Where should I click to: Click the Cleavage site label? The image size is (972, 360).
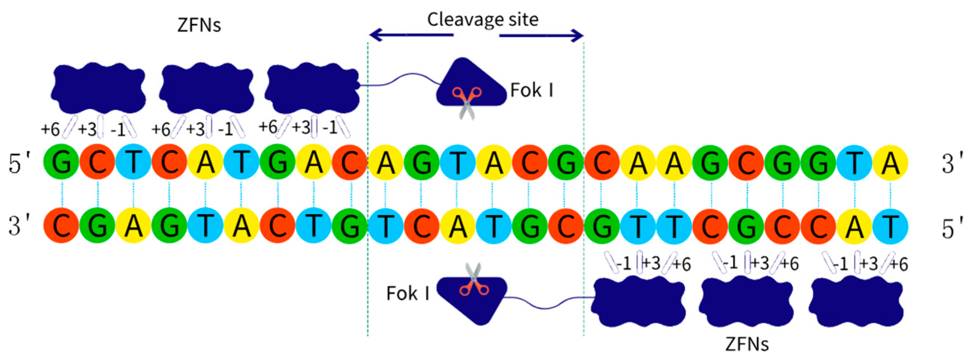(x=483, y=20)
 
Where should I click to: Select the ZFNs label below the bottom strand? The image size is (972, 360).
(x=747, y=344)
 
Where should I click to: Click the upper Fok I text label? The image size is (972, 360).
(x=532, y=91)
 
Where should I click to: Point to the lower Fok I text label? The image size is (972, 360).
(x=408, y=294)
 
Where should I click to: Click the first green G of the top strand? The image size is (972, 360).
(x=62, y=163)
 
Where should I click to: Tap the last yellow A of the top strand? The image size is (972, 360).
(x=890, y=163)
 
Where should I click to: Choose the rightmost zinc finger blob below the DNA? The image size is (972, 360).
(x=856, y=302)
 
